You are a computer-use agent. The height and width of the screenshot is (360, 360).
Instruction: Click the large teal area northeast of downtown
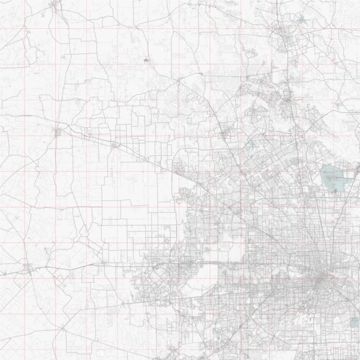(x=334, y=177)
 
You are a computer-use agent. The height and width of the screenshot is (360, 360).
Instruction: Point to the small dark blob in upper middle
(x=146, y=60)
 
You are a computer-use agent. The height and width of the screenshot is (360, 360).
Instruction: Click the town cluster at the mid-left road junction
(x=58, y=130)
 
